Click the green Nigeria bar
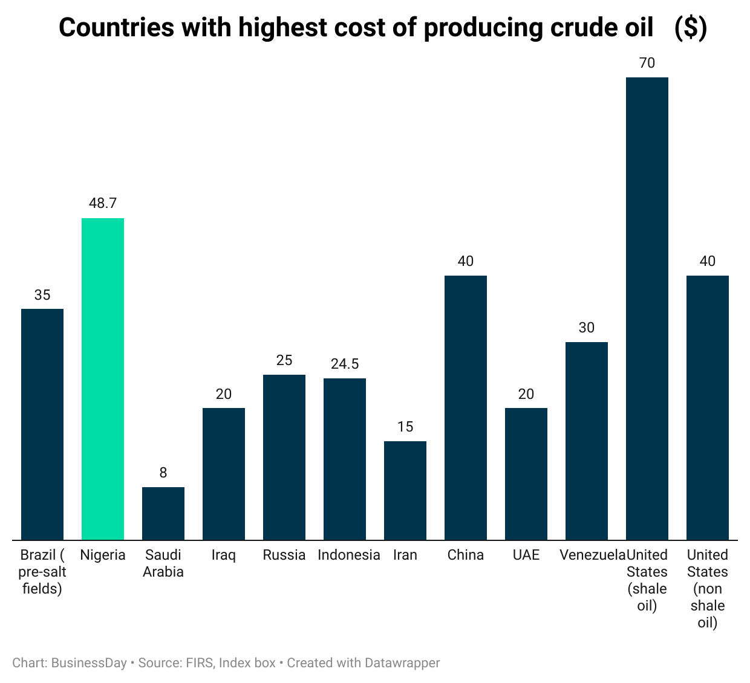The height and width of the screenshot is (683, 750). [x=103, y=379]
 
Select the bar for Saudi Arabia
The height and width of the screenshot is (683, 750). [x=163, y=514]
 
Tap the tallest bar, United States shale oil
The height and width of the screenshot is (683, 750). [x=647, y=308]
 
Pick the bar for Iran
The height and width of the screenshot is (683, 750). [x=405, y=491]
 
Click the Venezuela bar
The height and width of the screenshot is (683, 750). [x=587, y=441]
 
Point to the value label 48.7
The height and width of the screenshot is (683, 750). [x=103, y=204]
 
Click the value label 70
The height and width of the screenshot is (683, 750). [x=647, y=63]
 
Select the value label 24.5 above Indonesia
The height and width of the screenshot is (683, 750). [x=345, y=364]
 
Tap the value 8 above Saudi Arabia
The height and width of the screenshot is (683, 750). [x=163, y=473]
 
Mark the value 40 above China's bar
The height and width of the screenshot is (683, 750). [x=466, y=261]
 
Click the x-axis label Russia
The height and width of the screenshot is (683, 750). [x=284, y=555]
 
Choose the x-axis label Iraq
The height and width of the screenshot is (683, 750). [x=224, y=555]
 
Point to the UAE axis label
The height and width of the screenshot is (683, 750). [x=526, y=555]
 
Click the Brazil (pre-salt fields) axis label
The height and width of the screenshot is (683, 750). [x=42, y=572]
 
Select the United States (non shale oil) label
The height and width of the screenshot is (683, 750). [x=708, y=589]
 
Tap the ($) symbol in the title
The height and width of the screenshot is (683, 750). [x=691, y=28]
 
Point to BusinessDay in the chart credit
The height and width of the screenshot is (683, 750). [x=89, y=663]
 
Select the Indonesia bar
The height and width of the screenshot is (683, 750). [x=345, y=459]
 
